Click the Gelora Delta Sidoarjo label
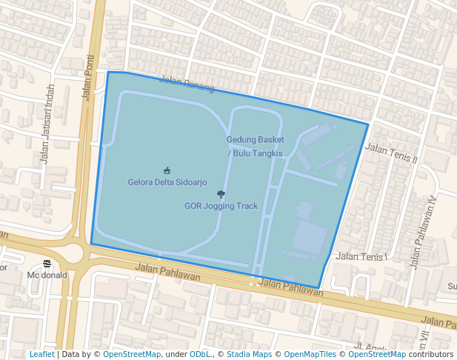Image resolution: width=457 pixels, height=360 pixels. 167,182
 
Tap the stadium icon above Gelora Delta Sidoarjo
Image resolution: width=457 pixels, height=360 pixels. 167,170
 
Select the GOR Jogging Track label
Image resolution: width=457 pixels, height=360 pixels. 221,206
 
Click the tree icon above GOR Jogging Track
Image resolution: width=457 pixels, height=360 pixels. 221,194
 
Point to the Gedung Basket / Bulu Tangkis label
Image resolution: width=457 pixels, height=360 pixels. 255,146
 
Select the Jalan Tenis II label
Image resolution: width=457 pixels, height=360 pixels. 392,153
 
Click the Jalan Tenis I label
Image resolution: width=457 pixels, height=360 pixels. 362,257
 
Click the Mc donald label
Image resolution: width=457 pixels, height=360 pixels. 47,275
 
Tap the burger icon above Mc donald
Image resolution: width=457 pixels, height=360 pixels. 47,264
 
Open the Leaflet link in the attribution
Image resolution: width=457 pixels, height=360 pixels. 41,354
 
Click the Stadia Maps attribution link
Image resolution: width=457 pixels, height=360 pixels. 249,354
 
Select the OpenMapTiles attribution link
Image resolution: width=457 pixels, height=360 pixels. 307,354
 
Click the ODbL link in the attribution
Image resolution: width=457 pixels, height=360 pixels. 199,354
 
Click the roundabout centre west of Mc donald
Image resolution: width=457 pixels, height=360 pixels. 70,253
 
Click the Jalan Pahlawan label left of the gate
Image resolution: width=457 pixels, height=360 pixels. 169,272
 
